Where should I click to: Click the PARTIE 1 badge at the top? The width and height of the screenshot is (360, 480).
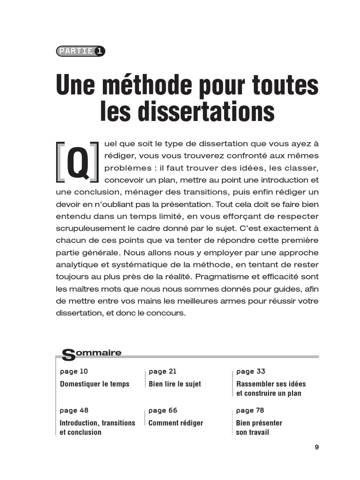80,51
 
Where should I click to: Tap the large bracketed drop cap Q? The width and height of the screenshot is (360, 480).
77,162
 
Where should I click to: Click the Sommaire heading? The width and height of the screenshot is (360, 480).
92,353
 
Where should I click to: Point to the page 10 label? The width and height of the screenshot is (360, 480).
74,371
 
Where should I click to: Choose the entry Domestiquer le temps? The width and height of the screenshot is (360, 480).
94,384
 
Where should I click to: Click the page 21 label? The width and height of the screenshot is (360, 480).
163,371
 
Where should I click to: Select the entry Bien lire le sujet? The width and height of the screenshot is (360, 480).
174,384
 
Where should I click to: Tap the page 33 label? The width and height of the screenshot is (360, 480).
251,371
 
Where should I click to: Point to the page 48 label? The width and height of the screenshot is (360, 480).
74,410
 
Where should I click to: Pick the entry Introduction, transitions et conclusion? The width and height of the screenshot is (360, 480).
97,427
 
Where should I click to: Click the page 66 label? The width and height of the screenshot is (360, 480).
163,410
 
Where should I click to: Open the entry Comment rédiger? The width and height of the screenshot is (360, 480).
176,423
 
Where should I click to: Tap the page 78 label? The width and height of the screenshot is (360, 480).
250,410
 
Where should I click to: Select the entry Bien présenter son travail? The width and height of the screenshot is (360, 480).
259,427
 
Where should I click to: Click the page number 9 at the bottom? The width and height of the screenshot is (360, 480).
317,447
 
